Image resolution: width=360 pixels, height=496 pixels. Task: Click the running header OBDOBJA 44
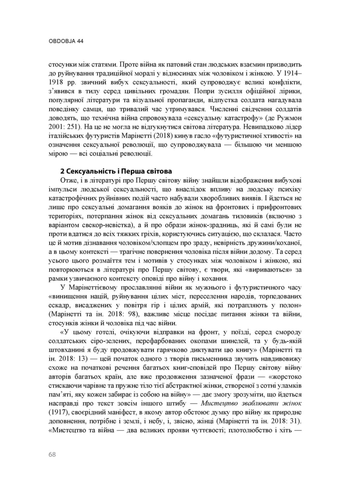point(66,41)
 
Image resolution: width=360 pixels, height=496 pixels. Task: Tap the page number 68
point(52,455)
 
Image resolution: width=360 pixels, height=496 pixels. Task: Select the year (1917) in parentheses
point(58,412)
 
